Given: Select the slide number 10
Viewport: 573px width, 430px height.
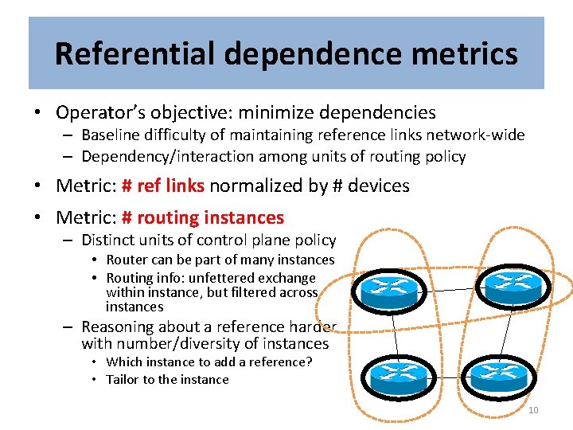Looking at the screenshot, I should [533, 410].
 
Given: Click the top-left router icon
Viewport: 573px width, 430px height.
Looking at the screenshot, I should [389, 290].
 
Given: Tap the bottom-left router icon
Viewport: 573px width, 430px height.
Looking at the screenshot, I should [396, 376].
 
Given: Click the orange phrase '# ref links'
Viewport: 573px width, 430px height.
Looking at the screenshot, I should [162, 186].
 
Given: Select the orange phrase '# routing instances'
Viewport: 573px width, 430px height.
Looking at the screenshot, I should [202, 217].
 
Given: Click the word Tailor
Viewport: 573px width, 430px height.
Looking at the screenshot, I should [122, 379].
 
